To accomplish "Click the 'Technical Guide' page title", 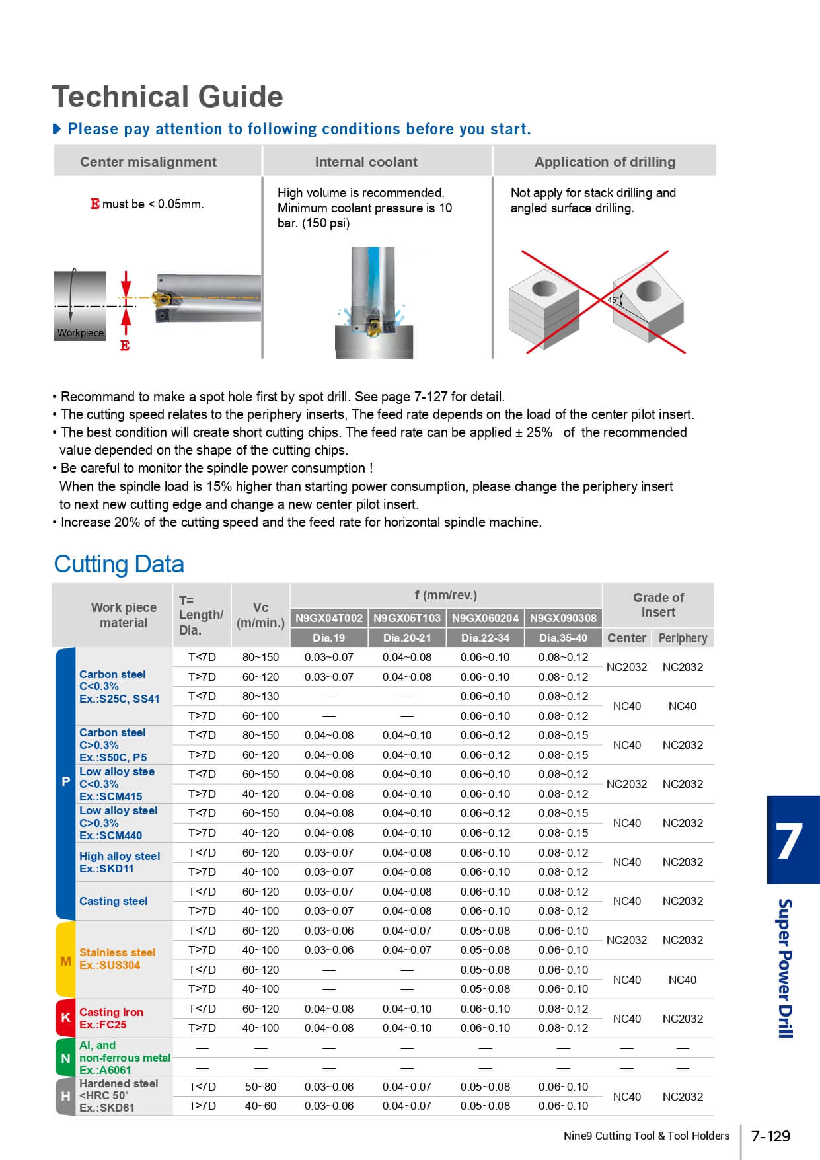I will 168,97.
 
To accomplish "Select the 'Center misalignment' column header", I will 148,162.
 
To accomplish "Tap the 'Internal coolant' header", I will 366,162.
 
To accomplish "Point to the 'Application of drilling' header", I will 605,162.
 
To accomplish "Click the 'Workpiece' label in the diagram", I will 81,333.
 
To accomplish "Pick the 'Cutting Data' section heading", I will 119,564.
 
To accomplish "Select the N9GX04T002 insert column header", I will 329,618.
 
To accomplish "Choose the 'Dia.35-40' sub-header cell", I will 563,638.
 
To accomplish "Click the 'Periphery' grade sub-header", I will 683,638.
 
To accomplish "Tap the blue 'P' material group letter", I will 65,782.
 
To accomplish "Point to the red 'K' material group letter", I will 65,1017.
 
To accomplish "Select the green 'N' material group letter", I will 65,1058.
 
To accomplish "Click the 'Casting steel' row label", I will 114,901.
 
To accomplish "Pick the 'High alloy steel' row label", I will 120,856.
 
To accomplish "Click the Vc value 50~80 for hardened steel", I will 260,1087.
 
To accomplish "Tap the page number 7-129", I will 770,1136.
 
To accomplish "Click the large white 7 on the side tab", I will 790,841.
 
